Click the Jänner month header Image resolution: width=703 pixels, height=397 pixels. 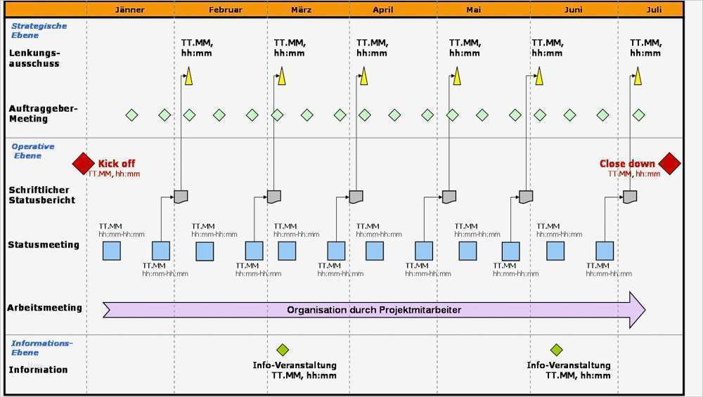tap(129, 10)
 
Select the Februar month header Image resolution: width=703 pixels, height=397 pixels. tap(225, 10)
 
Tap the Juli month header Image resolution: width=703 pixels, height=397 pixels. tap(654, 10)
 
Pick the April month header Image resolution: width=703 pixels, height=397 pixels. tap(383, 10)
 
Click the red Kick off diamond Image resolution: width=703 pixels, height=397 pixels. tap(84, 163)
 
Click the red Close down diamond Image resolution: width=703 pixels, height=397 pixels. tap(669, 163)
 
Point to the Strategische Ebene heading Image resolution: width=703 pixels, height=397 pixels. tap(39, 30)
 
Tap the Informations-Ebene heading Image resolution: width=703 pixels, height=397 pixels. tap(41, 347)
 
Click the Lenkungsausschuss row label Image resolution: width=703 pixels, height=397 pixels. tap(34, 58)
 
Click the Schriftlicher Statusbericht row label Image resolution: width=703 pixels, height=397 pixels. tap(41, 195)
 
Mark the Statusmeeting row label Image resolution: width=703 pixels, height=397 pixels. tap(44, 245)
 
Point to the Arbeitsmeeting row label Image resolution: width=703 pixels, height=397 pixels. tap(44, 307)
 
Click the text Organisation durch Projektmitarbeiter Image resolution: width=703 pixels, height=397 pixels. tap(374, 310)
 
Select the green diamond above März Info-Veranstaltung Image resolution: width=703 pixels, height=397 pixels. tap(283, 350)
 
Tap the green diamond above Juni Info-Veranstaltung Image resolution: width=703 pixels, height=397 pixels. tap(557, 350)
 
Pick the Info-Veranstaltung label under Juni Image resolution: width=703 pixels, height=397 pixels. tap(569, 365)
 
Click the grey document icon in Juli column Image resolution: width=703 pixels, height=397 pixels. tap(630, 197)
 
